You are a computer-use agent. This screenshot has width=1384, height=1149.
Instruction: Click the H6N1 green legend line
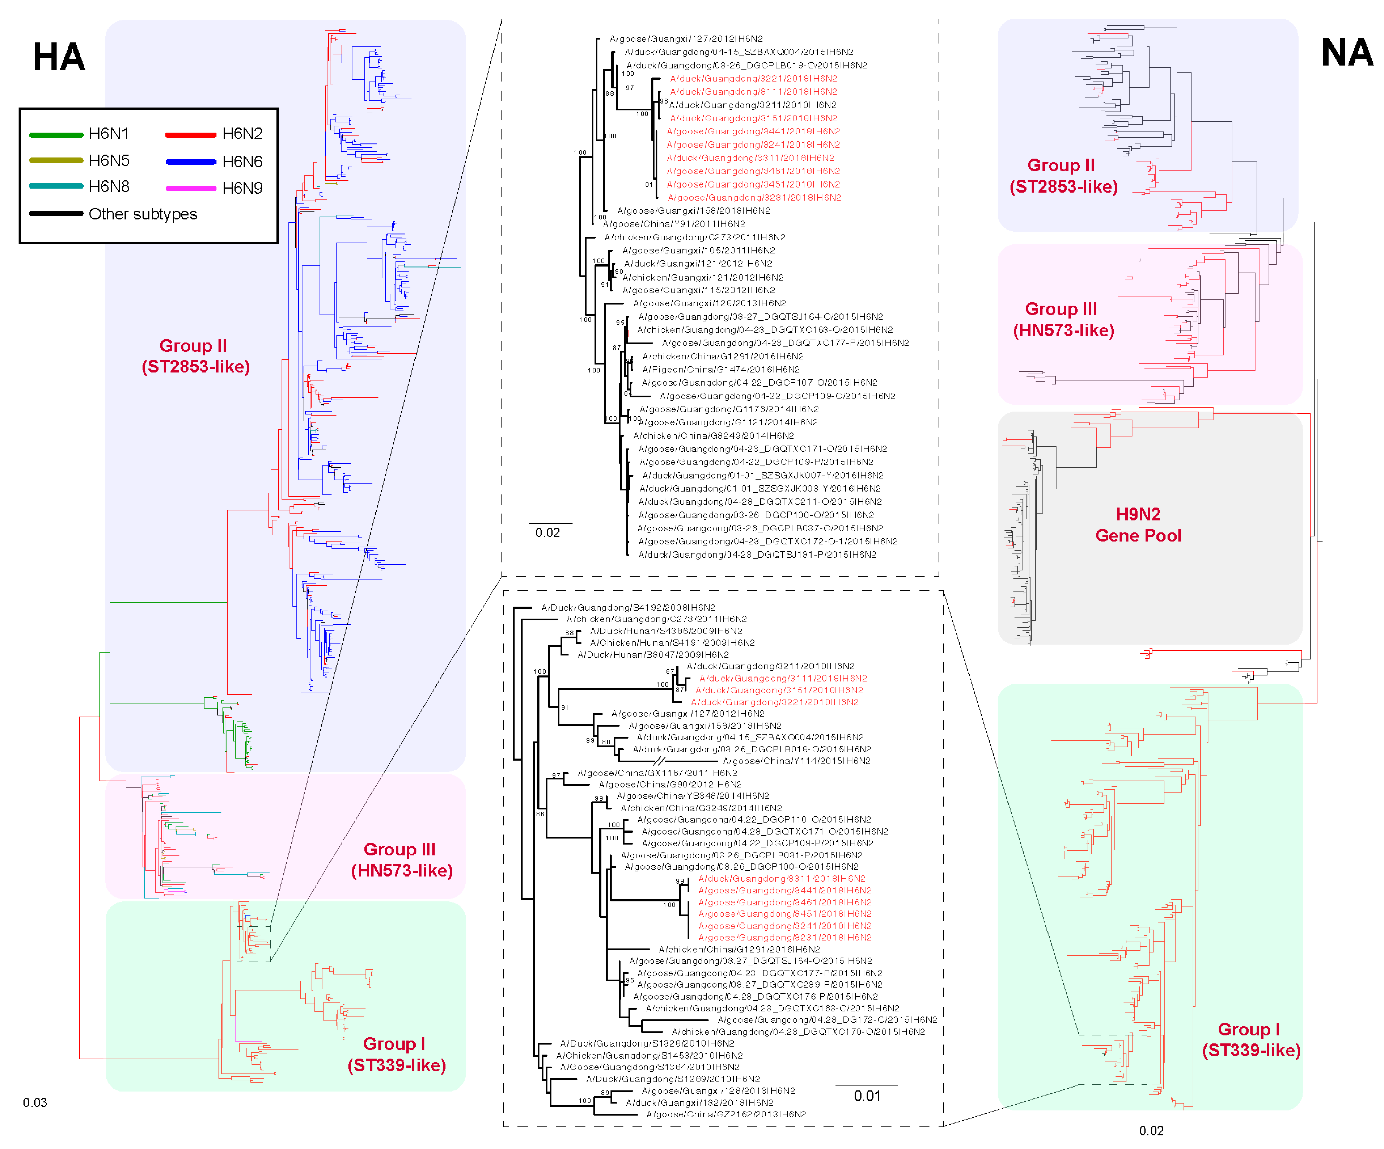56,135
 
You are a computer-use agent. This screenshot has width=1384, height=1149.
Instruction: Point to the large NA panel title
1346,53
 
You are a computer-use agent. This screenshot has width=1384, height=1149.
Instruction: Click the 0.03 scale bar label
35,1102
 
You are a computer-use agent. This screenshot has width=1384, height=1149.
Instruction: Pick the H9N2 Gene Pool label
1138,525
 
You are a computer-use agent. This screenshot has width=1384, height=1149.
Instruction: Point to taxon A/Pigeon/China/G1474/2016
720,370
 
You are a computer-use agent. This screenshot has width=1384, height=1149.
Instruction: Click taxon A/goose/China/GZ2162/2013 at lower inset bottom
725,1114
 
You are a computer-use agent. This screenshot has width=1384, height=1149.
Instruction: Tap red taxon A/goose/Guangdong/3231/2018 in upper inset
754,198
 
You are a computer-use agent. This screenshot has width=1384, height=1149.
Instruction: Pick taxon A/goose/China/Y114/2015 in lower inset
796,761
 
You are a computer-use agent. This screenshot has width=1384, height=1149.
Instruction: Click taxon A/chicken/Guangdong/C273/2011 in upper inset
694,237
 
